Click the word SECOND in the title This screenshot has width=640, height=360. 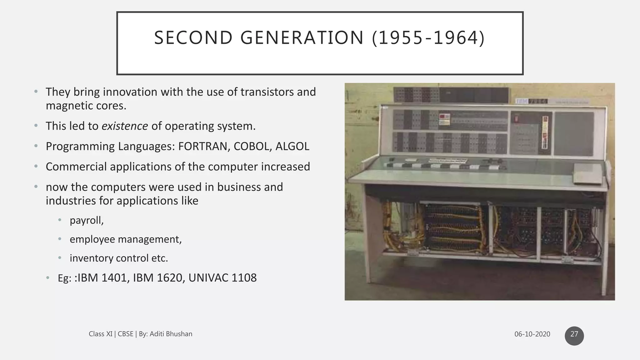pos(193,38)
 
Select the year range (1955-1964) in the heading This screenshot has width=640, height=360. pos(428,38)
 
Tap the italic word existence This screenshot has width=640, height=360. pos(125,126)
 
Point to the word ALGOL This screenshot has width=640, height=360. pos(292,146)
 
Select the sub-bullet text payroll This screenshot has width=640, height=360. pos(87,220)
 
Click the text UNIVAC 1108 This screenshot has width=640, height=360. pos(222,278)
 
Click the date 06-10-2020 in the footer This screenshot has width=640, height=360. pos(532,334)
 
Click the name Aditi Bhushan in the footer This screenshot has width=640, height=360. pos(171,334)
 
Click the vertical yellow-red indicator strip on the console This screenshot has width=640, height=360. pos(545,132)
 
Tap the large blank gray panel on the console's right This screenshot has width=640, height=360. pos(574,134)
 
